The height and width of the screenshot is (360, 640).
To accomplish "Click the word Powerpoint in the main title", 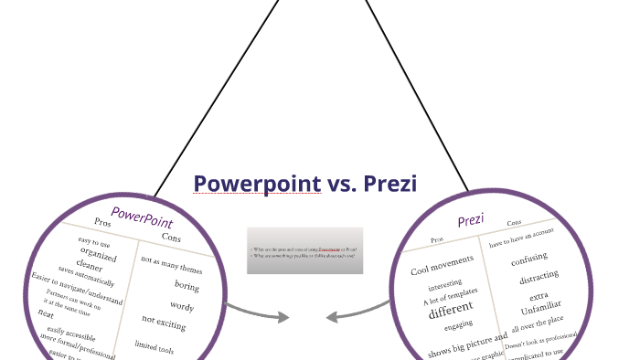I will (x=257, y=185).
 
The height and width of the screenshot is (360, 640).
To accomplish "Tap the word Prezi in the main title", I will (x=390, y=185).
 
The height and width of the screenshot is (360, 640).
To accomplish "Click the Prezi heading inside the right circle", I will (x=470, y=220).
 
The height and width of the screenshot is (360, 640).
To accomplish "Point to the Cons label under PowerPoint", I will (x=171, y=238).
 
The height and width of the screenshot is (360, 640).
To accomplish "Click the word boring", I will (x=186, y=286).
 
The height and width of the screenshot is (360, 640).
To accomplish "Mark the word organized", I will (x=98, y=254).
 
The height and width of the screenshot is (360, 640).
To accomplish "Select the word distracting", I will (x=539, y=279).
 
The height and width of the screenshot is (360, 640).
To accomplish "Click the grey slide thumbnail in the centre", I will (x=304, y=250).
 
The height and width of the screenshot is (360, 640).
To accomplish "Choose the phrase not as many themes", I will (x=171, y=265).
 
